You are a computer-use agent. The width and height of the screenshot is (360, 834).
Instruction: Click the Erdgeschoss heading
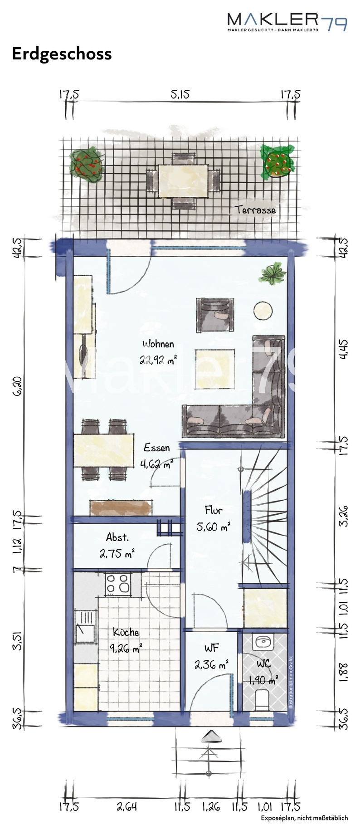coord(62,54)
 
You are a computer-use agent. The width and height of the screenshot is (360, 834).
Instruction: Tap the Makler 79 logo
coord(287,21)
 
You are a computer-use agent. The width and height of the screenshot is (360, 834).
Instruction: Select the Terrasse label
coord(255,210)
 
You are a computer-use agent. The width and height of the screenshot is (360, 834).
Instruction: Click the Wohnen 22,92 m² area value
coord(158,361)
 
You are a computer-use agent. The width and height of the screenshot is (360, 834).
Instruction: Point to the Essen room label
coord(157,448)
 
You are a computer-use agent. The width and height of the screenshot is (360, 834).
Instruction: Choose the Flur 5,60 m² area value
coord(213,527)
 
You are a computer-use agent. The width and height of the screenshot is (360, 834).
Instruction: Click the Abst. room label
coord(117,538)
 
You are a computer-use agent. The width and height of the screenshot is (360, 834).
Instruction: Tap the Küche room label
coord(126,632)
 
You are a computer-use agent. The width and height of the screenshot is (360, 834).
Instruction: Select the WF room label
coord(212,648)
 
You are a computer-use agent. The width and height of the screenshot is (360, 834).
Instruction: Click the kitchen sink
coord(85,629)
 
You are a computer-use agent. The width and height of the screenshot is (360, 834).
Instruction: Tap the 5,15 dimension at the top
coord(180,94)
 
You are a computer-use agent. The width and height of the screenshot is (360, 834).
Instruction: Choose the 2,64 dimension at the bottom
coord(126,807)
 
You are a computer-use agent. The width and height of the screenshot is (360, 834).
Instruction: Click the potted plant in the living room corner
coord(273,274)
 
